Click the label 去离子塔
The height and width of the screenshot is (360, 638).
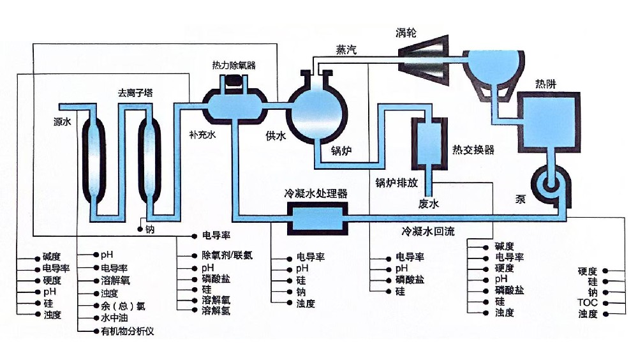coord(135,93)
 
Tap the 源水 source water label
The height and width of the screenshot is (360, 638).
coord(62,121)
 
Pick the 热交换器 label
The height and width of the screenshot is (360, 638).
coord(473,150)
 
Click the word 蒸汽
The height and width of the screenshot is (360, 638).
coord(346,50)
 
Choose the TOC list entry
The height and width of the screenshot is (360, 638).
coord(587,303)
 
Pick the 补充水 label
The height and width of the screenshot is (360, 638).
coord(203,135)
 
